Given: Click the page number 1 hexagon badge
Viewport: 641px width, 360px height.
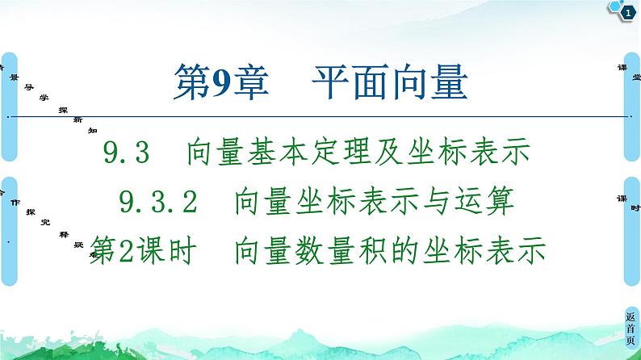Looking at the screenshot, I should pyautogui.click(x=626, y=10).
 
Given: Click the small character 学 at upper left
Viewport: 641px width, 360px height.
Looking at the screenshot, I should pyautogui.click(x=44, y=96).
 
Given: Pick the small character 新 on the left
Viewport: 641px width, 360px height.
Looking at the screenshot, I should pyautogui.click(x=78, y=119).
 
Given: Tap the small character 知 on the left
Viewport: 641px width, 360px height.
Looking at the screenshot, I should pyautogui.click(x=93, y=129).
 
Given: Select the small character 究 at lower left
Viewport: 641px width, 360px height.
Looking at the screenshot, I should pyautogui.click(x=45, y=220).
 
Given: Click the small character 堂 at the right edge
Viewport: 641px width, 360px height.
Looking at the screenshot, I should pyautogui.click(x=636, y=77).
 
